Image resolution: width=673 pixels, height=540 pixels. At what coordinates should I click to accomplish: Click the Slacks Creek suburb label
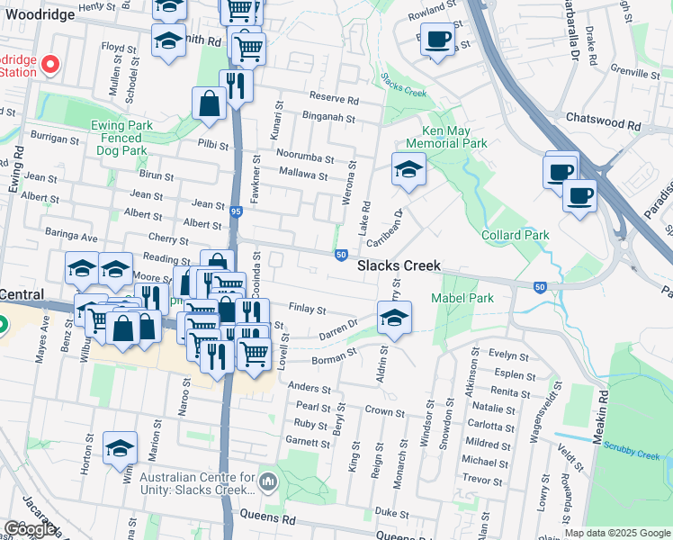click(x=399, y=265)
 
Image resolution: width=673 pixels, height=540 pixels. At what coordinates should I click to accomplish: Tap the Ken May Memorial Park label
click(x=446, y=137)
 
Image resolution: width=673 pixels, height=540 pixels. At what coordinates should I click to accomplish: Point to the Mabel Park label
click(x=462, y=298)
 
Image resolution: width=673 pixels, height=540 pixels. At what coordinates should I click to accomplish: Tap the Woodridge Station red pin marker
click(x=50, y=64)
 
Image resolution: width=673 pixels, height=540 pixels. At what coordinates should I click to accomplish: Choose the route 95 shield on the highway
click(x=236, y=211)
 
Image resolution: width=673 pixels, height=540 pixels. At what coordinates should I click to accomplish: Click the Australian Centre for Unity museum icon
click(x=267, y=482)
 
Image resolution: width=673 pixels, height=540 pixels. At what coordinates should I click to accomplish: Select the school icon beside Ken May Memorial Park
click(x=408, y=169)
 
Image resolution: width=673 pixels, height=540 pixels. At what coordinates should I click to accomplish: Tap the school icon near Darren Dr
click(x=393, y=317)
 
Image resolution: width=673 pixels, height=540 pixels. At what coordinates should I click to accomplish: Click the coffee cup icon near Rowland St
click(x=437, y=40)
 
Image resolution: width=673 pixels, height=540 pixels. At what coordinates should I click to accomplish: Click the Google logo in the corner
click(x=29, y=529)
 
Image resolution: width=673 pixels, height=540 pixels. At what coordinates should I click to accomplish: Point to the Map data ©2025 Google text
click(x=617, y=533)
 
